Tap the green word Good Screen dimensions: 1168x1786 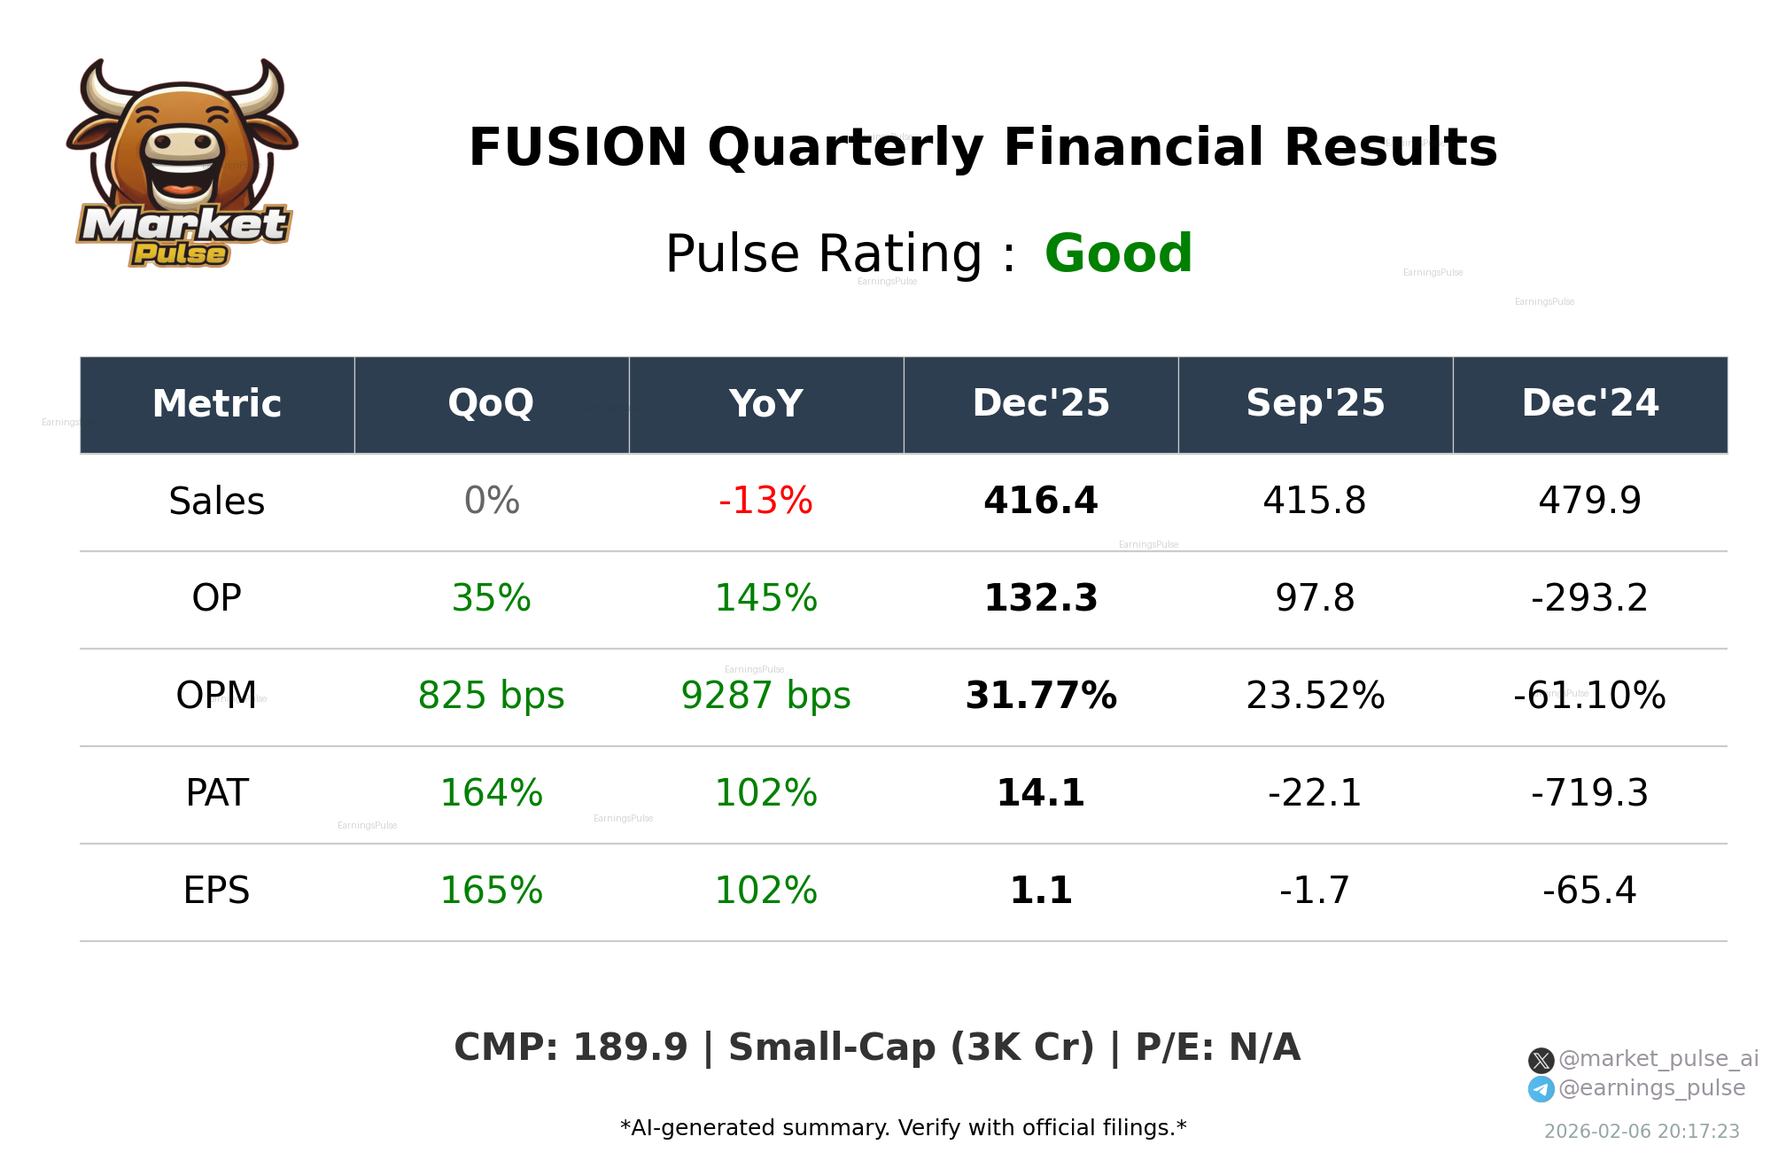[x=1118, y=253]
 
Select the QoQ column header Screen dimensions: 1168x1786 [x=491, y=404]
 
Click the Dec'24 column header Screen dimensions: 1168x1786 [x=1589, y=404]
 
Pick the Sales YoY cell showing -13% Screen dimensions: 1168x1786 [x=765, y=501]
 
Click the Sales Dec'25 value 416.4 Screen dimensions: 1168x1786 [x=1040, y=501]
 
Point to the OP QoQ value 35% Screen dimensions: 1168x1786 [x=491, y=598]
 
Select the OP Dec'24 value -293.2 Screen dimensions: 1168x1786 [x=1589, y=598]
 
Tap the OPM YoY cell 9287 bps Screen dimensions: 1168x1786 [x=765, y=696]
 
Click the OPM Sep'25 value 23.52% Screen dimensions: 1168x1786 [x=1315, y=696]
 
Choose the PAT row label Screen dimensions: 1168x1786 [x=217, y=793]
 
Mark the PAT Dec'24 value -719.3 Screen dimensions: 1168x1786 [x=1589, y=793]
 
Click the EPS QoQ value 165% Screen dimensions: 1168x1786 [x=491, y=891]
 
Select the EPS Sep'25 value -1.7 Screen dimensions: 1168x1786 [x=1315, y=891]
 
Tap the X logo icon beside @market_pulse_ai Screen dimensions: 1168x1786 [x=1541, y=1060]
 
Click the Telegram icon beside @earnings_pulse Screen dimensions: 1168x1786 [x=1541, y=1089]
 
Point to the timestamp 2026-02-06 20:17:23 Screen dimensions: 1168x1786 [x=1641, y=1132]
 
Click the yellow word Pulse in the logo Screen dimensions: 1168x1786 [x=180, y=254]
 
